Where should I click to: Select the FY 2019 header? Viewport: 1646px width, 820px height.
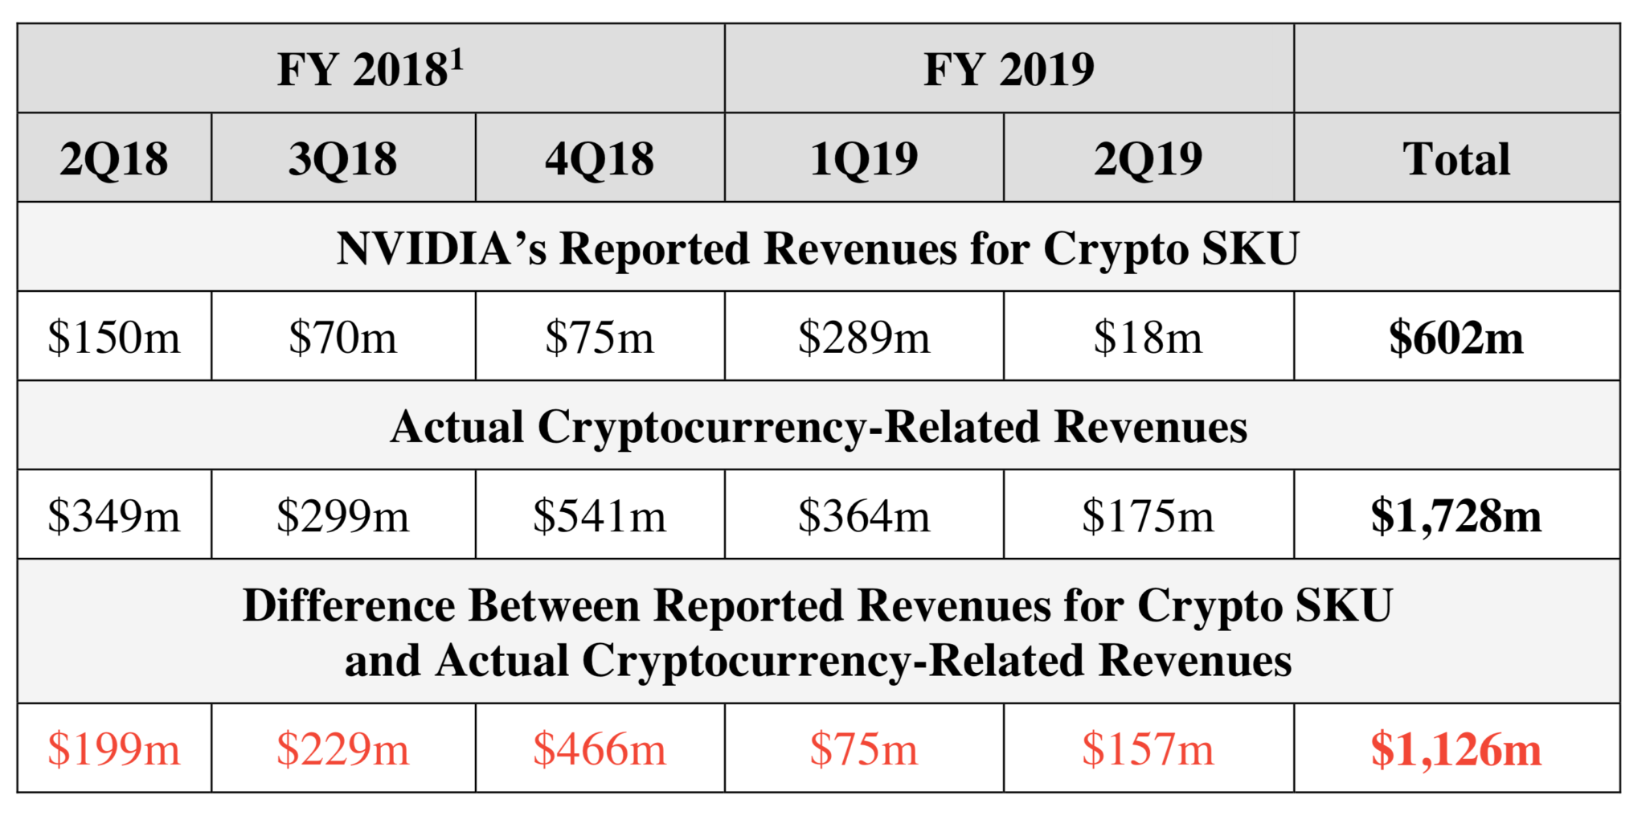point(1009,70)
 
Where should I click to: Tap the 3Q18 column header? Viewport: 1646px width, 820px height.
point(343,159)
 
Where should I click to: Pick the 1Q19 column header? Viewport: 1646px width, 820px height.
point(864,159)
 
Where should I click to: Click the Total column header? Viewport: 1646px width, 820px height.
point(1456,159)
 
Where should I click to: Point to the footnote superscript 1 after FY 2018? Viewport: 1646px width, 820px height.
point(457,58)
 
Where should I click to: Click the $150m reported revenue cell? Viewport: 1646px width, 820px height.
point(114,338)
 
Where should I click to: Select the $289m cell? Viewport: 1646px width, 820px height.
point(864,338)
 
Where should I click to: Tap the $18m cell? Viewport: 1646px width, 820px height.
point(1148,338)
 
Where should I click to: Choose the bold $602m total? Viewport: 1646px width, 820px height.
point(1456,338)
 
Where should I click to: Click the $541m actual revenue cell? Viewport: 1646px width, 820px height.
point(600,516)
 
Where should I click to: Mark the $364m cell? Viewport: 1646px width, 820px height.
point(864,516)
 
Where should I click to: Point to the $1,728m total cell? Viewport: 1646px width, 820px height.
point(1456,516)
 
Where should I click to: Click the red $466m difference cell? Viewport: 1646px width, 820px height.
point(600,750)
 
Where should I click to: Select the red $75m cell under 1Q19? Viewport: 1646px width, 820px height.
point(864,750)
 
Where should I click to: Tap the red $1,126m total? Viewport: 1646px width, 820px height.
point(1456,750)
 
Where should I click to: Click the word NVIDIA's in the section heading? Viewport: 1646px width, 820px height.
point(441,248)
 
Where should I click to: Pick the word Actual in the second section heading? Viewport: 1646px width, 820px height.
point(457,427)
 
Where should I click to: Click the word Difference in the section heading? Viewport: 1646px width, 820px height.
point(348,605)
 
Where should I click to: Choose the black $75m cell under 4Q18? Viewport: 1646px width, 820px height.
point(600,338)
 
